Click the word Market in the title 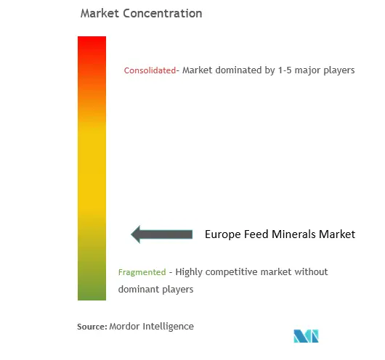coord(100,13)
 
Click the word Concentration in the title coord(163,13)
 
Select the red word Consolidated coord(150,70)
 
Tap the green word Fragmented coord(142,272)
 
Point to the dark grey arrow coord(161,234)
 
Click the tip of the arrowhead coord(131,234)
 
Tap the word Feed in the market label coord(254,234)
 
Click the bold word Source coord(92,327)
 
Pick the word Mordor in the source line coord(124,327)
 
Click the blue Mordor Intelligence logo coord(306,336)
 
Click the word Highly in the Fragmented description coord(189,272)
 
